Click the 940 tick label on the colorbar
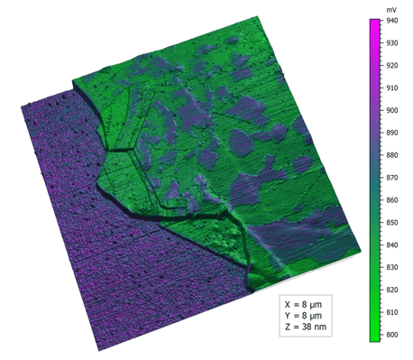point(391,20)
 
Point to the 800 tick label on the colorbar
point(391,335)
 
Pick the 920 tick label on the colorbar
point(391,65)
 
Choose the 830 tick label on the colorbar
point(391,267)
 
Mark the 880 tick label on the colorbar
point(391,155)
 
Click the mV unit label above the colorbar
point(376,8)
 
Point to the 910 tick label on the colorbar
point(391,88)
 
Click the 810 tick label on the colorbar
point(391,312)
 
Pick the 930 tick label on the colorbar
point(391,42)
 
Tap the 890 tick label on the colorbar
point(391,133)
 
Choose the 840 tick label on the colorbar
point(391,245)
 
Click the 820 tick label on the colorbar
point(391,290)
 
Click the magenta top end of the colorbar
point(374,22)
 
